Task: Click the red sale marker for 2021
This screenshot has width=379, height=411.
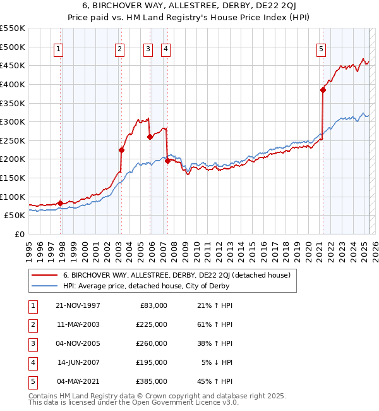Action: coord(323,90)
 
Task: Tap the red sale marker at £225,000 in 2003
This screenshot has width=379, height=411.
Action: coord(121,150)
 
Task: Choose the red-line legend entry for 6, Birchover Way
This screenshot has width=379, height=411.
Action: coord(176,275)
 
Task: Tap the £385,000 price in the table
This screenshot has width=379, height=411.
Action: coord(152,381)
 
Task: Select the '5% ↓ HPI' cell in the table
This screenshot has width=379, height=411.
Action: coord(217,362)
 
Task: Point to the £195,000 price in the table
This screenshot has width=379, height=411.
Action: coord(152,362)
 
